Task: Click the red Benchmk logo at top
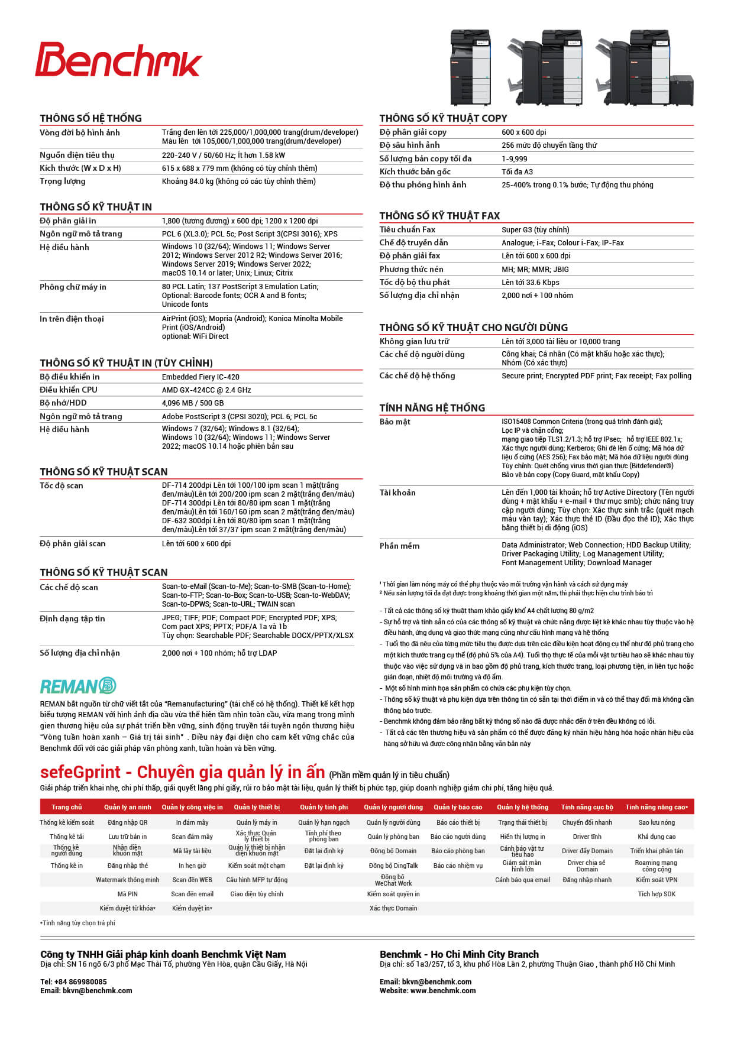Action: (118, 60)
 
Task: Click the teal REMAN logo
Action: (78, 686)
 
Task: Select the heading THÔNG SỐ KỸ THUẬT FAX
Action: (439, 216)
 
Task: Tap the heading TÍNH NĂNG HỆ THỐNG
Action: (432, 408)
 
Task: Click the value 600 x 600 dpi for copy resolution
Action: (523, 132)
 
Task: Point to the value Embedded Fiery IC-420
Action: (201, 377)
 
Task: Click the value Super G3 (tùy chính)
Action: (535, 230)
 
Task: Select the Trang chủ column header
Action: (67, 807)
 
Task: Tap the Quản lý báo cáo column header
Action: (458, 807)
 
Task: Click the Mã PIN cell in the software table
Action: (127, 894)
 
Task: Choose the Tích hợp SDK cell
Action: (657, 894)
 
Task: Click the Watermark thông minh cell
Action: (127, 880)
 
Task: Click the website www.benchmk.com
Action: (443, 990)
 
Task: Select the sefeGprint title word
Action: (80, 772)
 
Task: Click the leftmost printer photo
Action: (471, 67)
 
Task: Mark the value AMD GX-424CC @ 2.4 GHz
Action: (206, 390)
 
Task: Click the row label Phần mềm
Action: (399, 546)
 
